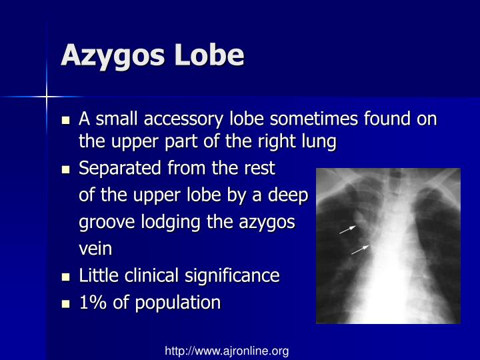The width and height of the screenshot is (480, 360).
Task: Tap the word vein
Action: [95, 249]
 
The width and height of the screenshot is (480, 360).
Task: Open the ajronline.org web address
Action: [227, 351]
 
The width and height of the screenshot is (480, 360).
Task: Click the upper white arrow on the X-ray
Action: [347, 229]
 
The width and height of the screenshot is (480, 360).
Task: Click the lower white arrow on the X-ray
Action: [360, 249]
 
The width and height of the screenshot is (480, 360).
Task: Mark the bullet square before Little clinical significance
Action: [65, 277]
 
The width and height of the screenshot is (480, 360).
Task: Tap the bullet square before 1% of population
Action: [65, 303]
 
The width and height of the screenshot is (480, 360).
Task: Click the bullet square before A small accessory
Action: [65, 121]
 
